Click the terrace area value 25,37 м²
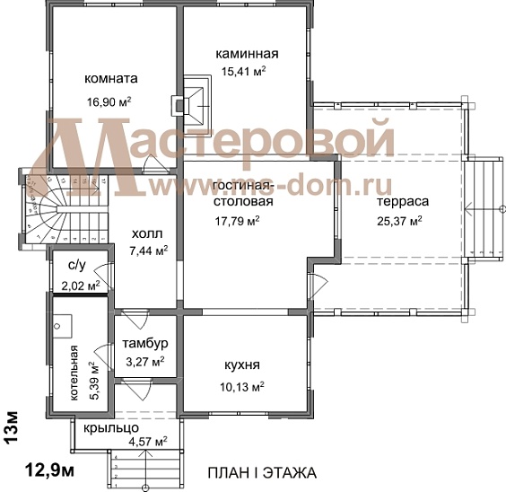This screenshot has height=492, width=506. tap(400, 219)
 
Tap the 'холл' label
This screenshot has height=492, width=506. tap(146, 233)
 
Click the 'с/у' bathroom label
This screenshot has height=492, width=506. tap(76, 267)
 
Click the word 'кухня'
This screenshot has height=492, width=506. tap(242, 366)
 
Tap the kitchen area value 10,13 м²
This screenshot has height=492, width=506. tap(242, 387)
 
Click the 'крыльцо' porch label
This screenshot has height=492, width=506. tap(110, 428)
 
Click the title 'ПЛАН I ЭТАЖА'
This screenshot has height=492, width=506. tap(261, 473)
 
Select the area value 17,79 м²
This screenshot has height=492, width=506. tap(238, 220)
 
